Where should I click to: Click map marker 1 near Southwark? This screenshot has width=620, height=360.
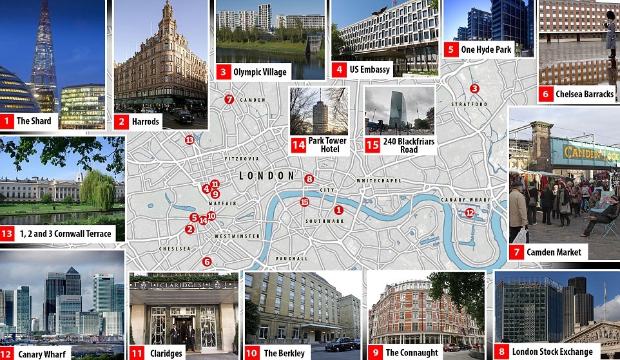click(x=338, y=210)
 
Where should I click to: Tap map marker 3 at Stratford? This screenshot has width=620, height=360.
click(x=474, y=89)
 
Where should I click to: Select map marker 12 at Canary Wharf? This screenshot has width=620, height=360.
click(x=469, y=213)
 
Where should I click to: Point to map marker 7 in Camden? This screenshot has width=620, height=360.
click(x=228, y=99)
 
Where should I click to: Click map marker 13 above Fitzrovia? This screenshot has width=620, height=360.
click(x=189, y=140)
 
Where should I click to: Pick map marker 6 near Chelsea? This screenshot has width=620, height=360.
click(x=206, y=261)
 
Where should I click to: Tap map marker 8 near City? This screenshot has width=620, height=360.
click(x=309, y=179)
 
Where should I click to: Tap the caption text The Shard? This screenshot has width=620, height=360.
click(x=33, y=120)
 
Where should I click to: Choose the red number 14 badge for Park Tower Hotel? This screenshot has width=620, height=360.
click(x=298, y=145)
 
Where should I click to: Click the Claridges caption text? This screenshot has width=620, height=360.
click(x=165, y=353)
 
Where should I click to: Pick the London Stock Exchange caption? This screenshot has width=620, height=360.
click(x=552, y=352)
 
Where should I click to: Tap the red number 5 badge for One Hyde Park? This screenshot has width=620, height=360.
click(x=451, y=50)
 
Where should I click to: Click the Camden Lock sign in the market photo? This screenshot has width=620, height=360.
click(x=590, y=153)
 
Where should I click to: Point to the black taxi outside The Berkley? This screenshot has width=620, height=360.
click(x=339, y=345)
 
